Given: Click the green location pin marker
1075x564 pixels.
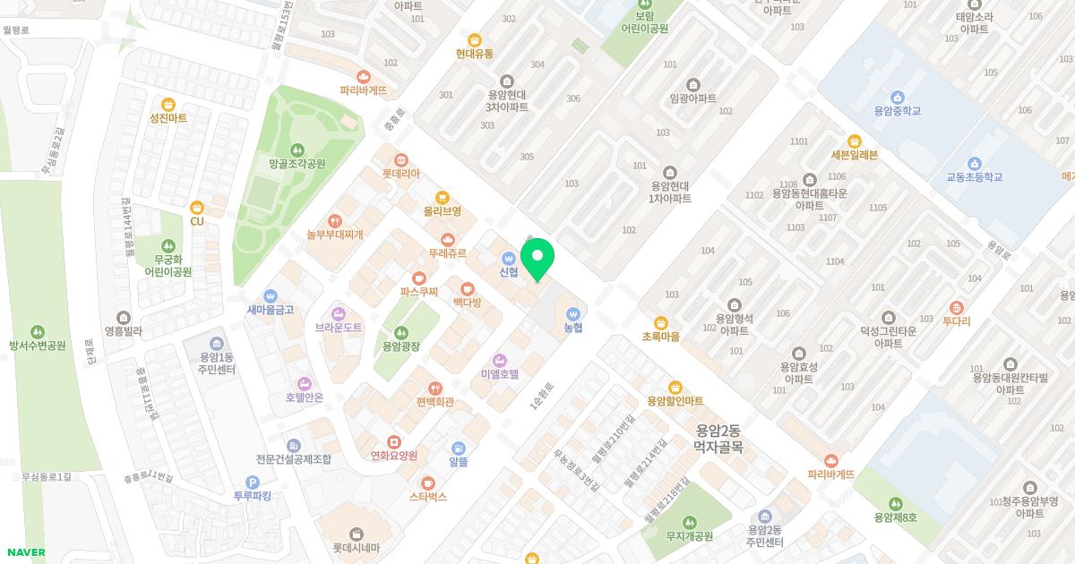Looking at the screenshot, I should click(537, 257).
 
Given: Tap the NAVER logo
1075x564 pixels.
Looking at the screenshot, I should click(25, 552).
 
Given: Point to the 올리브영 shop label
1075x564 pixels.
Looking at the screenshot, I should click(442, 211).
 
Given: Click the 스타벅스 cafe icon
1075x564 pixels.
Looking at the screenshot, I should click(428, 483).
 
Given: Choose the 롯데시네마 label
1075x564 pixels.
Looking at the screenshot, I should click(357, 548).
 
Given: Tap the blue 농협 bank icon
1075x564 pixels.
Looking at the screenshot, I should click(573, 314).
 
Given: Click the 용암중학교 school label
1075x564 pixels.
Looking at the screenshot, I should click(897, 112).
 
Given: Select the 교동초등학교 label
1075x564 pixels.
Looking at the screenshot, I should click(974, 177).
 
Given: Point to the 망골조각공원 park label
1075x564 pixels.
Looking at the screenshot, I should click(297, 164).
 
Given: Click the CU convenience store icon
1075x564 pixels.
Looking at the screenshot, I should click(197, 208).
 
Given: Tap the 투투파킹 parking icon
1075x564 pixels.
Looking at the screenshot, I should click(252, 483).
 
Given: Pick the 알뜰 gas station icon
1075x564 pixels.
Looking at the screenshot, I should click(459, 449).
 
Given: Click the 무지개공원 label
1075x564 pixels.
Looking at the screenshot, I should click(689, 536).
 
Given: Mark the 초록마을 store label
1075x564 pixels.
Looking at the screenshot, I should click(660, 337).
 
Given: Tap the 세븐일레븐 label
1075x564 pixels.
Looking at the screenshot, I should click(854, 155).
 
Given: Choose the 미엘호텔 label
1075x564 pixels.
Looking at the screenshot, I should click(500, 373).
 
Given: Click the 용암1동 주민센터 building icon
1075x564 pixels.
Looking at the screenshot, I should click(217, 343).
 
